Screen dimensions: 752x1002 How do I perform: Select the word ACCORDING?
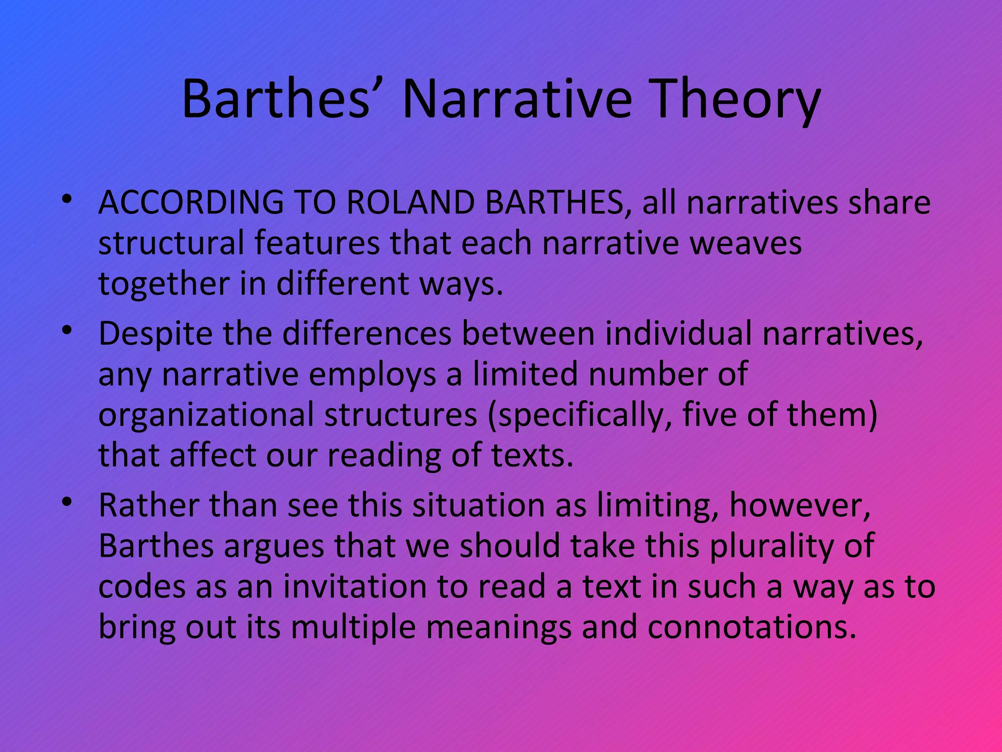191,203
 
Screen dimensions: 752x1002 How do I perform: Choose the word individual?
678,334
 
